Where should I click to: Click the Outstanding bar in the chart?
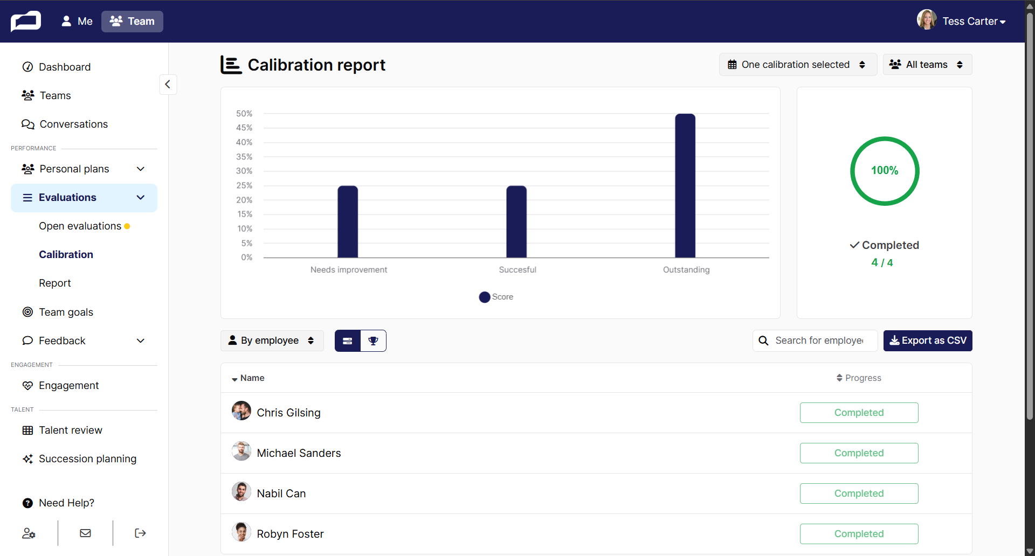point(685,186)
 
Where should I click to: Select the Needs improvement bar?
point(348,222)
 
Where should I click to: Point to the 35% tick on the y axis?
point(244,157)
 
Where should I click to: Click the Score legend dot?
point(485,297)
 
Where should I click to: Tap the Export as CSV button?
point(928,340)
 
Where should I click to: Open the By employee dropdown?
point(272,340)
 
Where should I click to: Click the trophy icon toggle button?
point(373,340)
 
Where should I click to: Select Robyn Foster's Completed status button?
point(859,534)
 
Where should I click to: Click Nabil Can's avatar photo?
point(241,491)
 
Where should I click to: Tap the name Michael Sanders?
point(299,453)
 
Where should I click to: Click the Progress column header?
point(859,378)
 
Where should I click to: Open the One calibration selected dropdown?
point(798,65)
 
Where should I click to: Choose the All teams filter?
point(927,65)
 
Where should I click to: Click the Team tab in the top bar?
point(132,22)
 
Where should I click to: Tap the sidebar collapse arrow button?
point(168,84)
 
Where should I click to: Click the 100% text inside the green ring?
point(885,171)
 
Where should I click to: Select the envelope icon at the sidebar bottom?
point(85,533)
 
